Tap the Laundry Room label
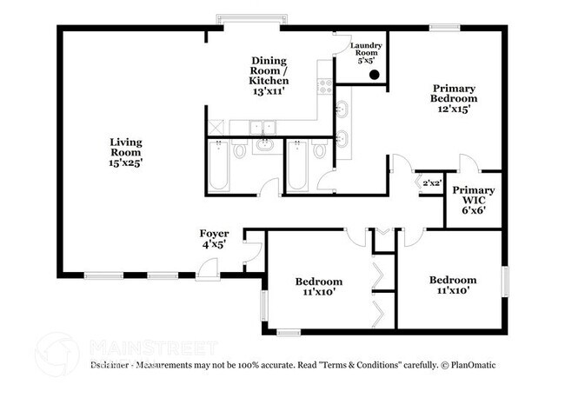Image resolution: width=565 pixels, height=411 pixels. tap(367, 52)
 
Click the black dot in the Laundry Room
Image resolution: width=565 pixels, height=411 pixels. tap(374, 75)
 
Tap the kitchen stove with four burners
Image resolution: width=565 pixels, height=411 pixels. tap(325, 85)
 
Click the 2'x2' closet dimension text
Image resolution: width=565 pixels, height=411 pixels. tap(431, 183)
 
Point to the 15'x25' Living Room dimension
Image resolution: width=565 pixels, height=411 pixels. tap(126, 162)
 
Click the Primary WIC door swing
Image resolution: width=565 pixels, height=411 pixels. tap(468, 162)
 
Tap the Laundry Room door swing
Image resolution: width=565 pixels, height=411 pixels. tap(342, 39)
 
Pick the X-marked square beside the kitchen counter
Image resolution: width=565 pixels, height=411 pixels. tap(216, 127)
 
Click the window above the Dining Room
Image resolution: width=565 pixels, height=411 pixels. tap(243, 20)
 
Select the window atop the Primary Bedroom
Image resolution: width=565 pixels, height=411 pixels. tap(444, 27)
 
